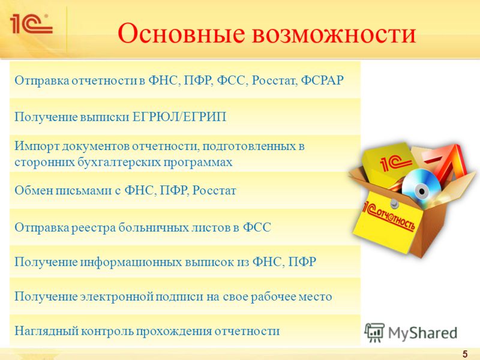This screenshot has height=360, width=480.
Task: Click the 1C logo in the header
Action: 31,23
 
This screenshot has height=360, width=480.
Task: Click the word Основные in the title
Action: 181,34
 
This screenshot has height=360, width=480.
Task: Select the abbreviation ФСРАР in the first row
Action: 322,80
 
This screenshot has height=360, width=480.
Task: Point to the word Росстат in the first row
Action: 275,80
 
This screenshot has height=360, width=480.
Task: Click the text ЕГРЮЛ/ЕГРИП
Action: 179,116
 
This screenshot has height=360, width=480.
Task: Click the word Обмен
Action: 32,190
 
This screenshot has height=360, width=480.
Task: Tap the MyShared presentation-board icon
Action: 374,332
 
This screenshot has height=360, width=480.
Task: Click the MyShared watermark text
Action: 422,333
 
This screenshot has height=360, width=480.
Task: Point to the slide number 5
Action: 465,354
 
